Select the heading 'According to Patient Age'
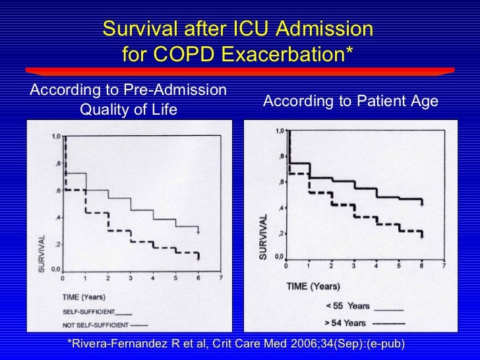coord(350,100)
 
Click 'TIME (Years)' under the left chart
coord(84,297)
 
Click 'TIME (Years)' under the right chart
coord(313,287)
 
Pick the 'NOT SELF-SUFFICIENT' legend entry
coord(104,324)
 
